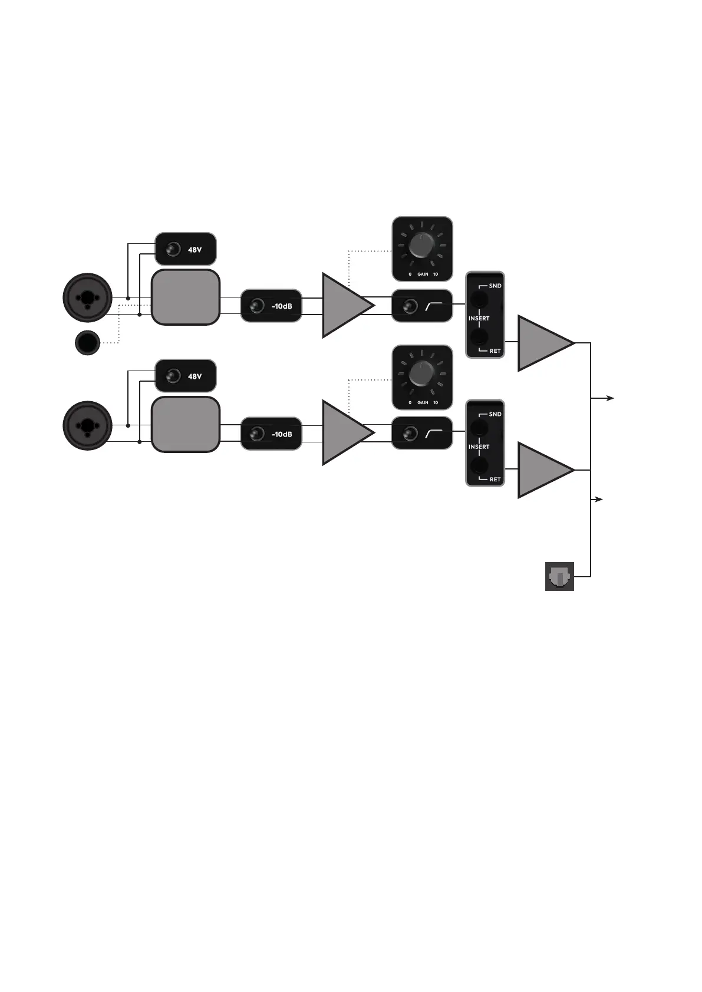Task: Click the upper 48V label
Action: click(195, 250)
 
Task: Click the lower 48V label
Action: click(195, 376)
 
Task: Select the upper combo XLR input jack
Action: click(88, 298)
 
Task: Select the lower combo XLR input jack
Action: click(88, 425)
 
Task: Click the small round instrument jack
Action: click(88, 343)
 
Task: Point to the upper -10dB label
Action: click(281, 306)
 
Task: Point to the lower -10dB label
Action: click(281, 435)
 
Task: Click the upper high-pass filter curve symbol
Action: click(434, 306)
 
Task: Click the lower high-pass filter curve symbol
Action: click(434, 435)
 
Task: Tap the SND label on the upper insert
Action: click(495, 286)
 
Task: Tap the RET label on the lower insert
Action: click(495, 480)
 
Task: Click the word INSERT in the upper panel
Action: click(479, 318)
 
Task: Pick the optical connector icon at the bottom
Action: click(559, 577)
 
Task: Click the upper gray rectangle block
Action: click(186, 297)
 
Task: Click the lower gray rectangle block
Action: click(186, 425)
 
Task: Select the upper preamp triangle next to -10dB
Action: click(344, 305)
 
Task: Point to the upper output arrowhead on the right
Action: click(611, 399)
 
